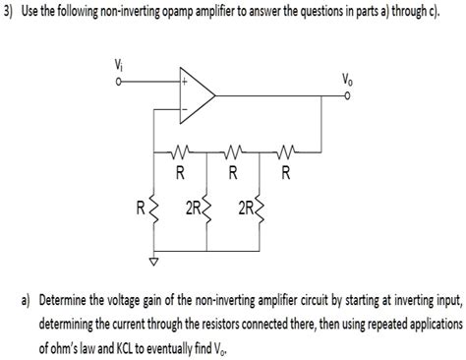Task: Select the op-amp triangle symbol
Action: [x=197, y=92]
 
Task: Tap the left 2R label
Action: [x=192, y=209]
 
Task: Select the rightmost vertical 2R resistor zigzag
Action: [x=259, y=209]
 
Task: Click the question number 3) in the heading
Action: [x=11, y=11]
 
